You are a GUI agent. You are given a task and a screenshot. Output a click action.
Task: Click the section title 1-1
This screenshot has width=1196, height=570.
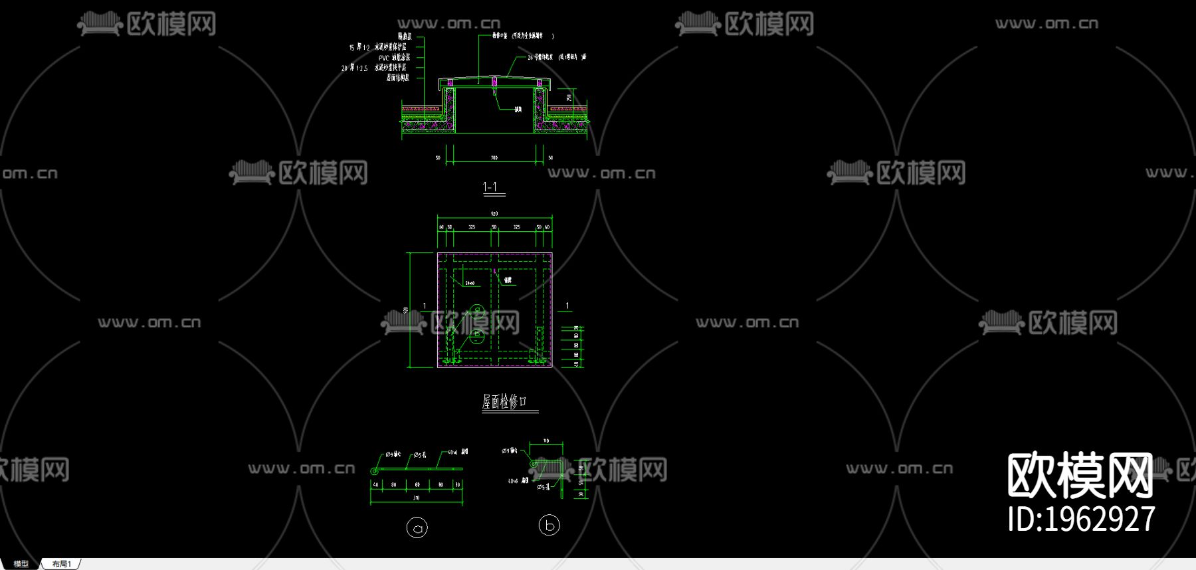[490, 187]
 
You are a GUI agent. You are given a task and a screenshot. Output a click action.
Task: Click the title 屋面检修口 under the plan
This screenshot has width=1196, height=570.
[504, 401]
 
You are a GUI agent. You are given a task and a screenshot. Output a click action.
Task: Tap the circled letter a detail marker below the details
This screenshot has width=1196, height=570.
[417, 528]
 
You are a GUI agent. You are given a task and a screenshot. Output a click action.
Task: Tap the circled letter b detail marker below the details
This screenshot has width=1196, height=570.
[549, 525]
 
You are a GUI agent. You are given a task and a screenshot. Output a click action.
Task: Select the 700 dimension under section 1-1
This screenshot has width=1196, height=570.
[494, 158]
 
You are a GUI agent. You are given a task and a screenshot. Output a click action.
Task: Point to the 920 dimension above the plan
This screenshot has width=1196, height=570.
[494, 214]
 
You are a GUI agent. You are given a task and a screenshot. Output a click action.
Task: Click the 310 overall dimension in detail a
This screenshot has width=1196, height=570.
[417, 498]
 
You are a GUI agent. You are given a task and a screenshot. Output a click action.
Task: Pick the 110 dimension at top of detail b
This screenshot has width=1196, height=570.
[546, 441]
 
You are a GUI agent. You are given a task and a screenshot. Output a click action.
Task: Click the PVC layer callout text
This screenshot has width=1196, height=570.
[394, 58]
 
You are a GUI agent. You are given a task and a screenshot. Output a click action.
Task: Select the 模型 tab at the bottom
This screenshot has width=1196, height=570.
[21, 564]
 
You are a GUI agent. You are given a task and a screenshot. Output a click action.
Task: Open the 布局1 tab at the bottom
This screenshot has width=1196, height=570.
[61, 564]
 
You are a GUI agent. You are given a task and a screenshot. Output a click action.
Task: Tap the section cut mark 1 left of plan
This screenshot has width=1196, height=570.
[425, 306]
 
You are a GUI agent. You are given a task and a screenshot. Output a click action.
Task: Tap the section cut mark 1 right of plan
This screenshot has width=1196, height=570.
[567, 306]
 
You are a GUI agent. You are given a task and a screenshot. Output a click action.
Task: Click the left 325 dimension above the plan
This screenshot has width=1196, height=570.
[472, 227]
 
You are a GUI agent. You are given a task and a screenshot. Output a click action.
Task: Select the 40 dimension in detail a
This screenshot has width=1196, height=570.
[376, 485]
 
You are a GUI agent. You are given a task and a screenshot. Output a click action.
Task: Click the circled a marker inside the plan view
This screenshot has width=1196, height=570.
[476, 310]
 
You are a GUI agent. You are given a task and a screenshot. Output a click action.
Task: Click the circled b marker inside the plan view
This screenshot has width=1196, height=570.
[476, 335]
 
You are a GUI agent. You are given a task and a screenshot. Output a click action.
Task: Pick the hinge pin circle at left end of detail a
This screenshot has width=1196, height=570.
[374, 471]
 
